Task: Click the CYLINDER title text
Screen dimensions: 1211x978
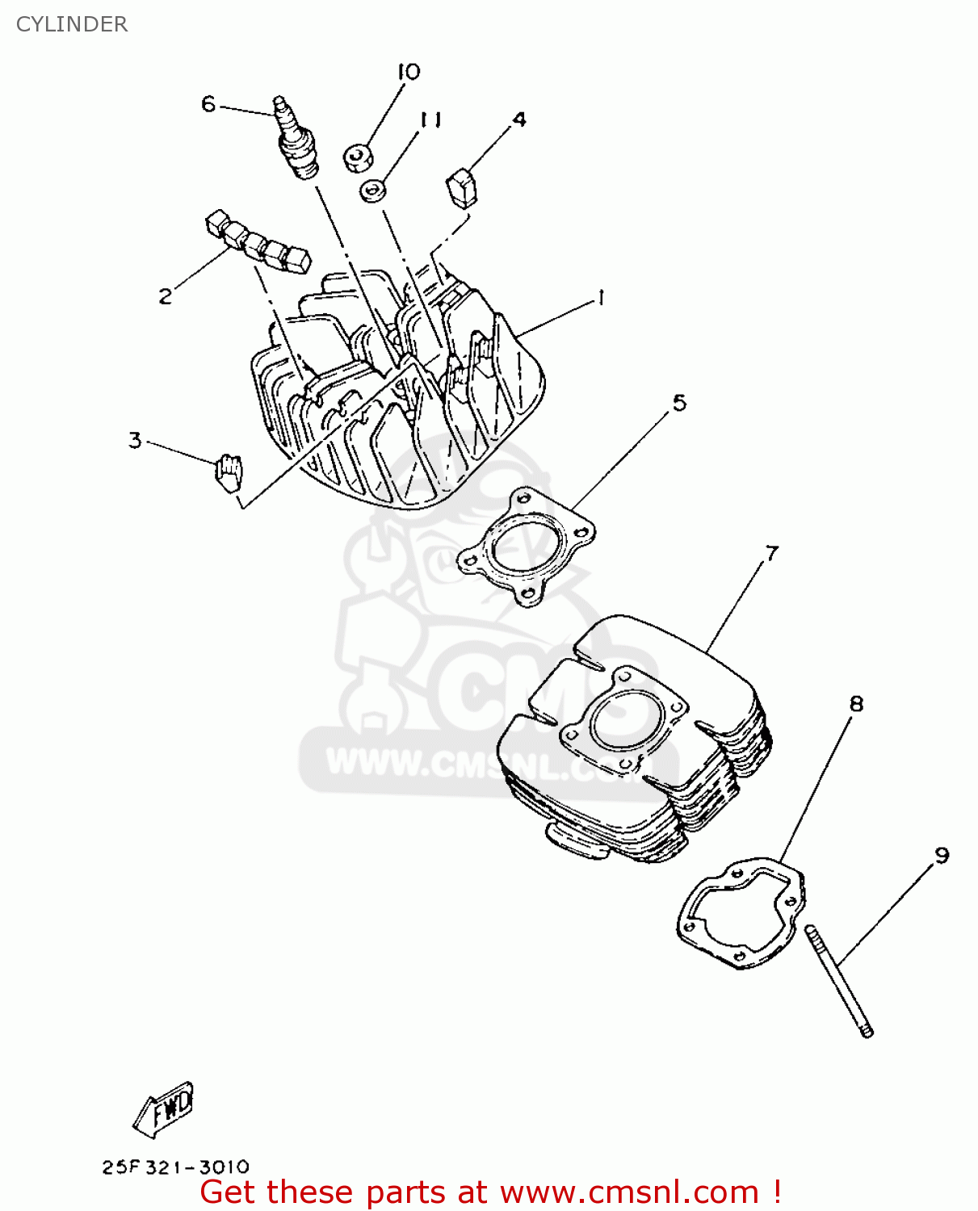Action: click(x=72, y=24)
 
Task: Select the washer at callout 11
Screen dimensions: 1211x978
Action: click(x=372, y=191)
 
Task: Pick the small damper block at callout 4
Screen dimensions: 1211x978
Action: click(x=462, y=187)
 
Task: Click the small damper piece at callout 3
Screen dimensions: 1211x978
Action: click(x=229, y=472)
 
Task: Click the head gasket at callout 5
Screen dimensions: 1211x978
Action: click(x=526, y=547)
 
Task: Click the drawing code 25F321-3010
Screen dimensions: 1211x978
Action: click(x=175, y=1167)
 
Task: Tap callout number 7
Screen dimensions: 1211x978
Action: click(x=772, y=553)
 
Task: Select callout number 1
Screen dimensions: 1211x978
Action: click(x=601, y=299)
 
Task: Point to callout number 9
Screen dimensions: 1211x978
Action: click(x=942, y=855)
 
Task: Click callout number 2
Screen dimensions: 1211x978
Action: click(x=166, y=296)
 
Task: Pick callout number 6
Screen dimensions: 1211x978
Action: click(x=208, y=104)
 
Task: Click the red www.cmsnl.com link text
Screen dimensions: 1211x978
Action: click(x=630, y=1192)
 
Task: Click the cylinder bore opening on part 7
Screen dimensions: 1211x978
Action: click(x=623, y=721)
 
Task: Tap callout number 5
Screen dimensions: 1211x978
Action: click(x=679, y=402)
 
